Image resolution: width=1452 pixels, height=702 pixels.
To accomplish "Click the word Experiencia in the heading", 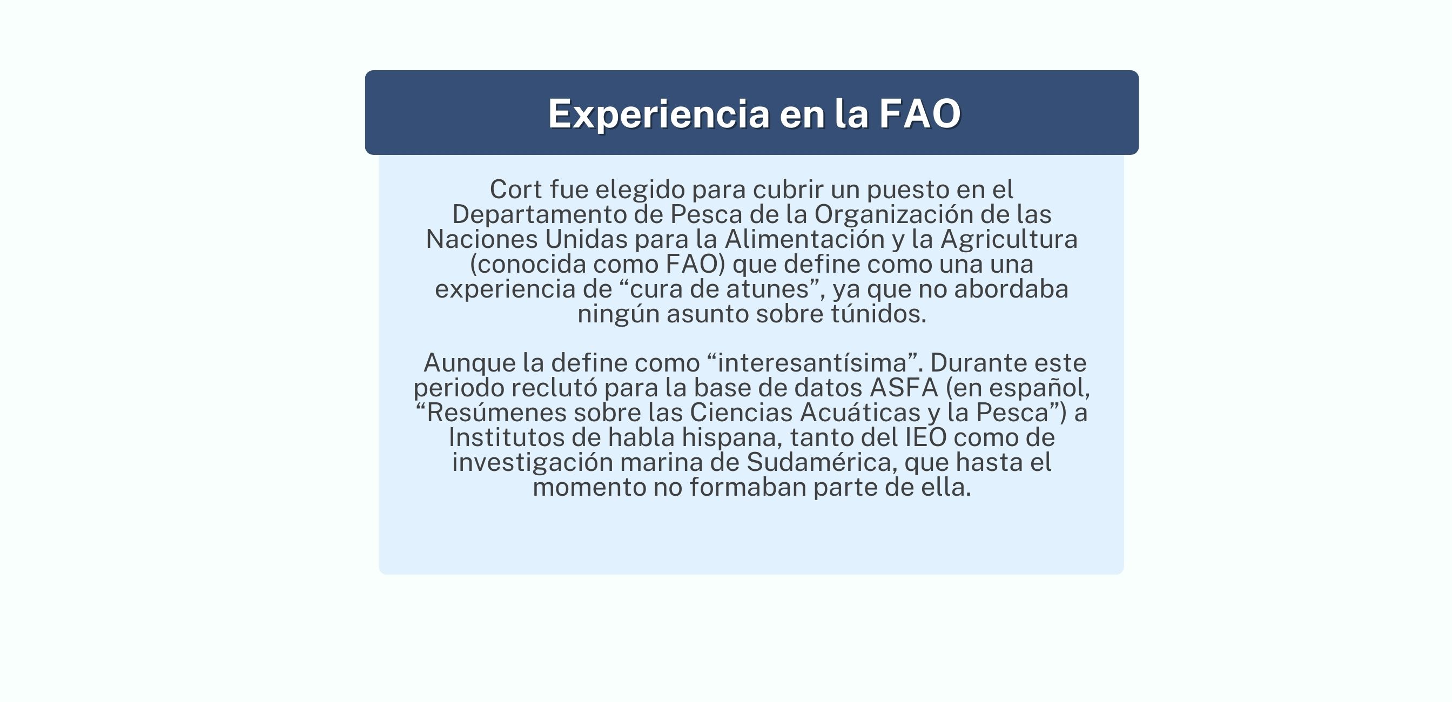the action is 659,114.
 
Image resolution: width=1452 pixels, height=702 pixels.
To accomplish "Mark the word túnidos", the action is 879,314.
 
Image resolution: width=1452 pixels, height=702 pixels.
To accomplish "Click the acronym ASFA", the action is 904,388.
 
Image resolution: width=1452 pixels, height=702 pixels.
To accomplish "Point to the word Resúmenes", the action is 496,413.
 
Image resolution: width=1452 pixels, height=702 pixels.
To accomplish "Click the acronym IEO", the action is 926,438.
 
